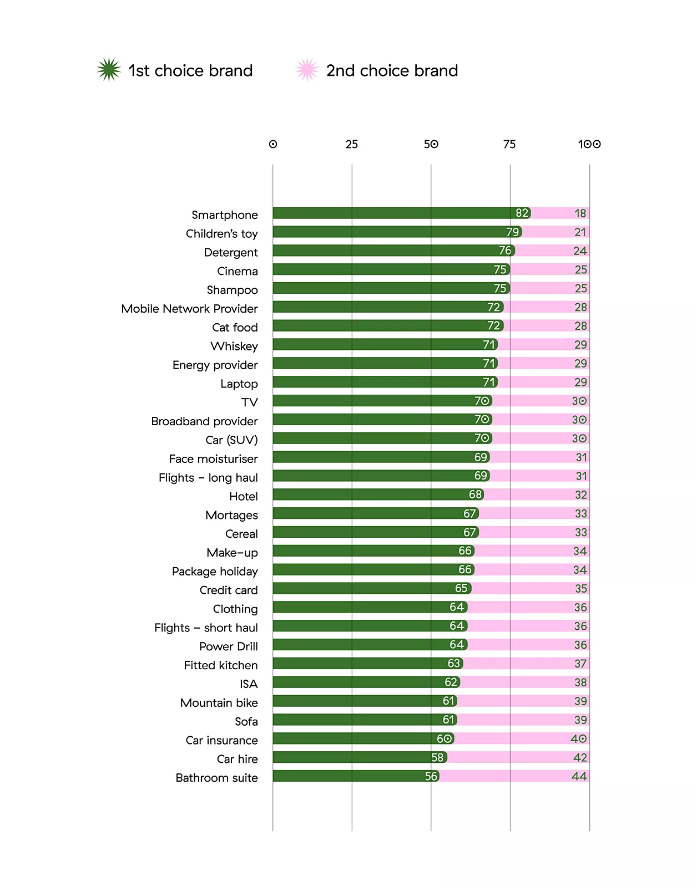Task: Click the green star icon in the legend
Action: (x=109, y=70)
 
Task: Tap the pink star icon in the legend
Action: (x=307, y=70)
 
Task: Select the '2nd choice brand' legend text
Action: (x=392, y=71)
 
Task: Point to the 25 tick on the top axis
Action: (x=352, y=144)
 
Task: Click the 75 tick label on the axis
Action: (x=509, y=144)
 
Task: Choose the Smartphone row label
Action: (x=225, y=215)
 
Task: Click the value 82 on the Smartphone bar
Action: (x=522, y=213)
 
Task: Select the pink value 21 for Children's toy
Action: (x=580, y=232)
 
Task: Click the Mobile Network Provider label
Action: (x=190, y=309)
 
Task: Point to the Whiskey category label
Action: (x=234, y=346)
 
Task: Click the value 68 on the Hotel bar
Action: (x=476, y=495)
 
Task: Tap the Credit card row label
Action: (x=229, y=590)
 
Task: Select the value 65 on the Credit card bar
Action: (x=461, y=588)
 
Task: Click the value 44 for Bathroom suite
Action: (x=579, y=776)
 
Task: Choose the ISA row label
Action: (x=249, y=684)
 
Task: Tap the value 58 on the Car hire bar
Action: (x=437, y=757)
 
